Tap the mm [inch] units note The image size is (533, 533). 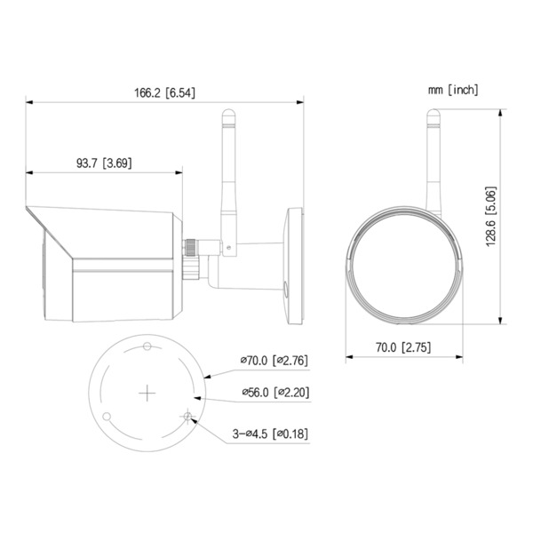[452, 89]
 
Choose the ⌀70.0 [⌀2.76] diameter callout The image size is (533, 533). [274, 362]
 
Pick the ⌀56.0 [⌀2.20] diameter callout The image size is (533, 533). [274, 392]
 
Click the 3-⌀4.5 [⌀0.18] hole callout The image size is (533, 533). [270, 434]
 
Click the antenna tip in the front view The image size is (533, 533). [433, 113]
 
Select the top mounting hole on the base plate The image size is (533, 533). [147, 345]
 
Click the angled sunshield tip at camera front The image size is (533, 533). [29, 211]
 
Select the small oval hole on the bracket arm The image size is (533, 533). [285, 288]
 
